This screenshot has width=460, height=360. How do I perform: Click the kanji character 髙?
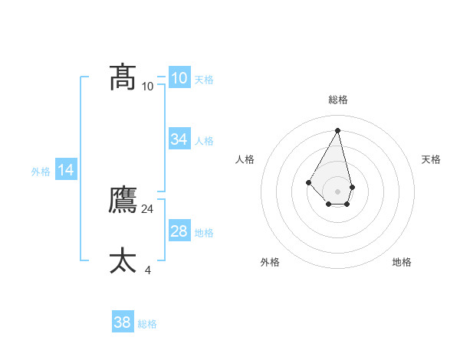pos(123,77)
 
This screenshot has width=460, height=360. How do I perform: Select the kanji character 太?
pos(123,260)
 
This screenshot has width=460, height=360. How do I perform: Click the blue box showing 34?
pos(179,139)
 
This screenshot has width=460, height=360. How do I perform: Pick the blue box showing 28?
pos(179,231)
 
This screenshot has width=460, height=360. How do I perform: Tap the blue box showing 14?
pos(66,171)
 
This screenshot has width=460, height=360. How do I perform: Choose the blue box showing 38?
pos(123,322)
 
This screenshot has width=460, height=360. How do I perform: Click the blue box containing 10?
pos(179,77)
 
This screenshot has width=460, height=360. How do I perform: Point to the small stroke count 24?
pos(148,208)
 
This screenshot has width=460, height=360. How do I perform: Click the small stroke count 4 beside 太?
pos(148,270)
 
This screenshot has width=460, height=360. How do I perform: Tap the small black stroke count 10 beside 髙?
pos(148,86)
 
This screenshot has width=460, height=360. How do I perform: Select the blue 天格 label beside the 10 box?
pos(204,80)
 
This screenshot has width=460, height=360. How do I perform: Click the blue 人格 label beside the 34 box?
pos(204,141)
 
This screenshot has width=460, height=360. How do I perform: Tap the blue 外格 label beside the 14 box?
pos(41,172)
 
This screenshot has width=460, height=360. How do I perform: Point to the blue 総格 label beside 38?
pos(147,325)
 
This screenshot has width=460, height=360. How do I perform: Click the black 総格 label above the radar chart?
pos(337,100)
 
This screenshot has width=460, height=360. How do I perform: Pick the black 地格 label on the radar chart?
pos(402,262)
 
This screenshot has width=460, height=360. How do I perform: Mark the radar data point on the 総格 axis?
pos(337,130)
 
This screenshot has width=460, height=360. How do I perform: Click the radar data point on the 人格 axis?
pos(308,182)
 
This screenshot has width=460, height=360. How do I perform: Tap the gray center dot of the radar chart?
pos(337,191)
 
